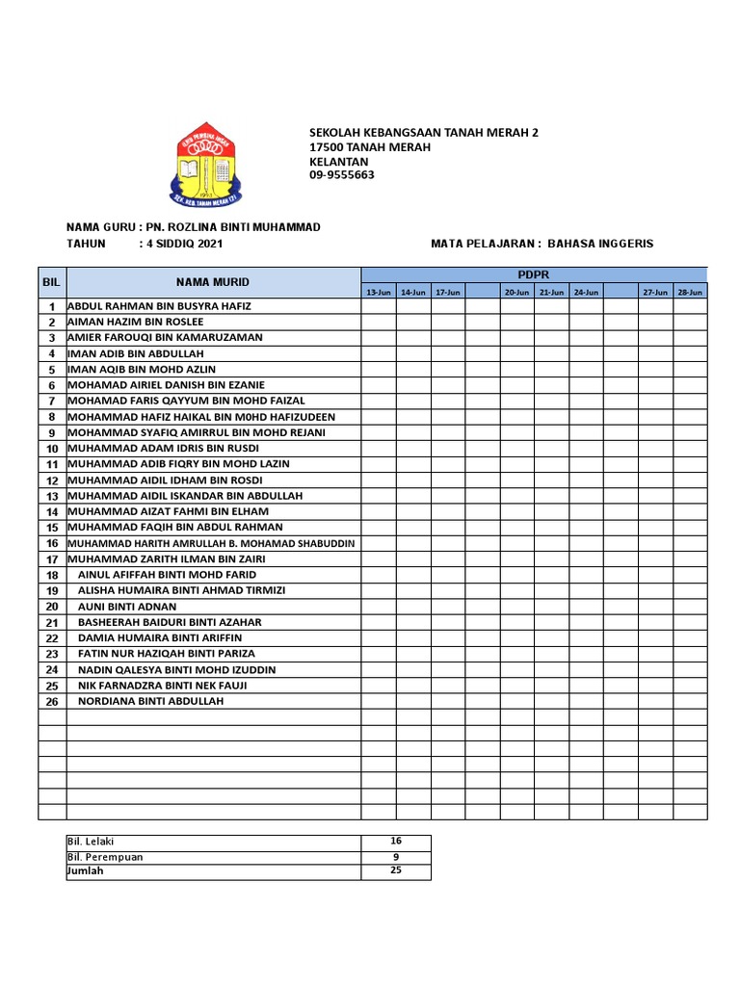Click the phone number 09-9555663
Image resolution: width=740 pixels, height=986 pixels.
pyautogui.click(x=341, y=175)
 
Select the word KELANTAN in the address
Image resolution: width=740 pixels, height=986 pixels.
pyautogui.click(x=331, y=161)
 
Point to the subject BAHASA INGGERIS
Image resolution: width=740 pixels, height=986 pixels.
pyautogui.click(x=600, y=244)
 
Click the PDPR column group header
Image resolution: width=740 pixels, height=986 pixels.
pyautogui.click(x=533, y=274)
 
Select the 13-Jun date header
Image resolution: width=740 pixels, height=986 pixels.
pyautogui.click(x=378, y=291)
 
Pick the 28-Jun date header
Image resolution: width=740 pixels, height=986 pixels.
pyautogui.click(x=689, y=291)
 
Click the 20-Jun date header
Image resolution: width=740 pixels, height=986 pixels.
pyautogui.click(x=516, y=291)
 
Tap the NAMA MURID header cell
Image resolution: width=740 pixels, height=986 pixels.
pyautogui.click(x=213, y=282)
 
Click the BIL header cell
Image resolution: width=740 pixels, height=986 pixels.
pyautogui.click(x=52, y=282)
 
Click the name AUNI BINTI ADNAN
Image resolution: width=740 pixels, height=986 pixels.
pyautogui.click(x=127, y=607)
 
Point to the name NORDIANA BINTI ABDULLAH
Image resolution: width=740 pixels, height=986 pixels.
pyautogui.click(x=150, y=701)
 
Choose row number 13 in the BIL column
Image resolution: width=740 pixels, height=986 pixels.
pyautogui.click(x=52, y=496)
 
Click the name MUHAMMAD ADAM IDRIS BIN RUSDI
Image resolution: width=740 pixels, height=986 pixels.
pyautogui.click(x=164, y=448)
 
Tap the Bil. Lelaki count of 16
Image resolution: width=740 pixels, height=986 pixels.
pyautogui.click(x=396, y=842)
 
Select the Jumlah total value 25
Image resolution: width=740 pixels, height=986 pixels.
pyautogui.click(x=396, y=870)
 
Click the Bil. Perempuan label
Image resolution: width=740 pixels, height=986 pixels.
pyautogui.click(x=105, y=857)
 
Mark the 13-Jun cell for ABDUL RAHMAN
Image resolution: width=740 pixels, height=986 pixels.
pyautogui.click(x=378, y=306)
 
